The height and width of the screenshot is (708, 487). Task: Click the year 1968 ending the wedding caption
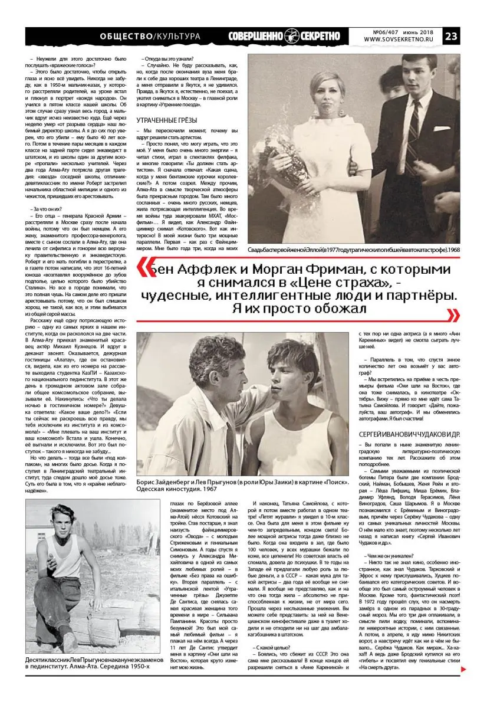pos(453,250)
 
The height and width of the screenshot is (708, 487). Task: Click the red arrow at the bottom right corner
pos(463,668)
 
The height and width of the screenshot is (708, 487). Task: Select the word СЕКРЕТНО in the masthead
pos(321,35)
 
